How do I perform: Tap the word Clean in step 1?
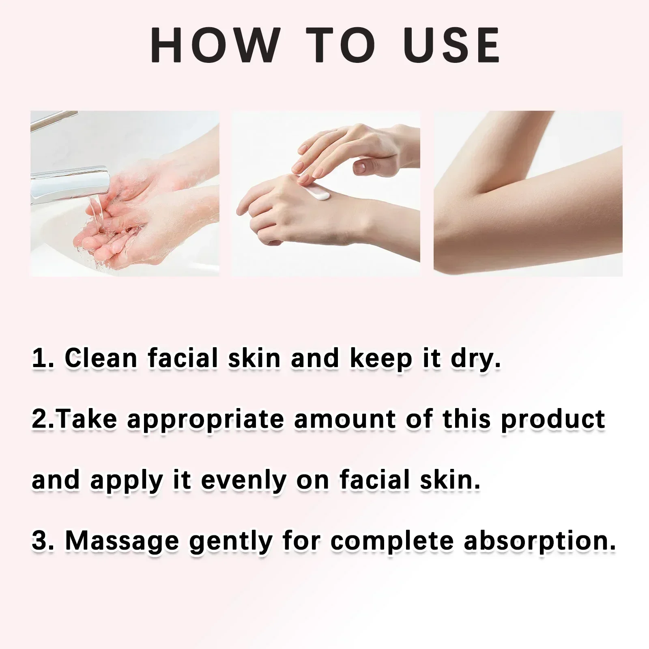(x=101, y=359)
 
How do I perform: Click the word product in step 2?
(x=553, y=419)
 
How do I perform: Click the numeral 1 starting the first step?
(x=39, y=359)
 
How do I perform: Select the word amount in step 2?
(x=345, y=419)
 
